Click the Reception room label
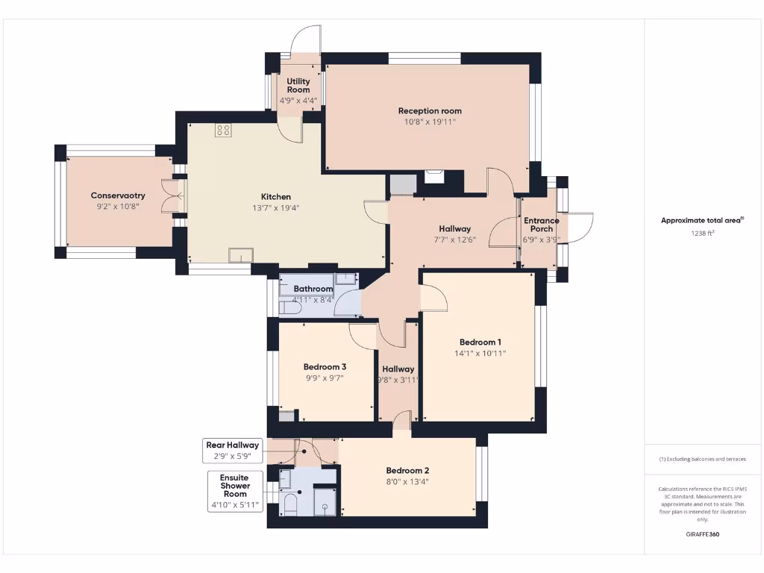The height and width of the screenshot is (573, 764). click(x=429, y=111)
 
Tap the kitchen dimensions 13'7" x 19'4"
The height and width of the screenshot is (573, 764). click(x=277, y=208)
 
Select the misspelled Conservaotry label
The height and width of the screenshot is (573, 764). click(x=117, y=195)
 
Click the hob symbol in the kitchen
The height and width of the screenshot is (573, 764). click(x=223, y=131)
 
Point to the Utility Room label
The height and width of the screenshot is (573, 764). click(x=298, y=85)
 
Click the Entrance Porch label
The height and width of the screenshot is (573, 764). click(x=541, y=225)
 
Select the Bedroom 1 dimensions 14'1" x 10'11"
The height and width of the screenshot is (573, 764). click(x=480, y=354)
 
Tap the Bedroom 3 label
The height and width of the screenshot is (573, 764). click(x=325, y=367)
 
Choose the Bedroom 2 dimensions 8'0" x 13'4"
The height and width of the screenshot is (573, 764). click(x=407, y=482)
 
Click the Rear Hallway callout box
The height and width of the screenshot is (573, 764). click(x=232, y=451)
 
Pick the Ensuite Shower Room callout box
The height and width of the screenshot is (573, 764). click(x=234, y=491)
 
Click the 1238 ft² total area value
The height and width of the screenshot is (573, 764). click(x=701, y=234)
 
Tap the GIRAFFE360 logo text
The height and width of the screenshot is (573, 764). click(x=702, y=534)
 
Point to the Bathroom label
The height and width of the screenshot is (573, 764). click(x=313, y=289)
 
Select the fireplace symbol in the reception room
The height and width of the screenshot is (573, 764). click(x=433, y=177)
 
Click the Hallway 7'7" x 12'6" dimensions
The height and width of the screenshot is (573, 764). click(x=454, y=239)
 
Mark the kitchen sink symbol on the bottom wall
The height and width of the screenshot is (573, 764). click(x=241, y=255)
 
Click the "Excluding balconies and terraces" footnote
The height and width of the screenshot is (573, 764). click(x=702, y=459)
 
